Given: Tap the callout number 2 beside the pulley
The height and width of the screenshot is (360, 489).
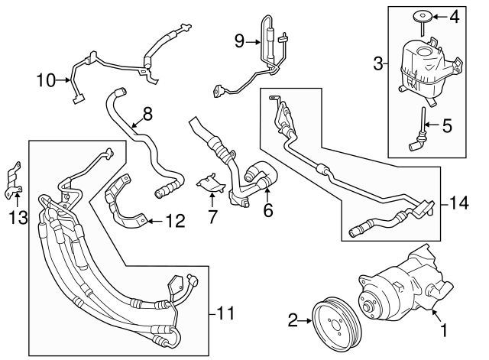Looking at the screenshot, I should click(293, 322).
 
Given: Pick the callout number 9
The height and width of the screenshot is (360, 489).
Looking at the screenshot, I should click(239, 41).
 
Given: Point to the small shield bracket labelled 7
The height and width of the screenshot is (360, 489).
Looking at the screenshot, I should click(208, 183).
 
